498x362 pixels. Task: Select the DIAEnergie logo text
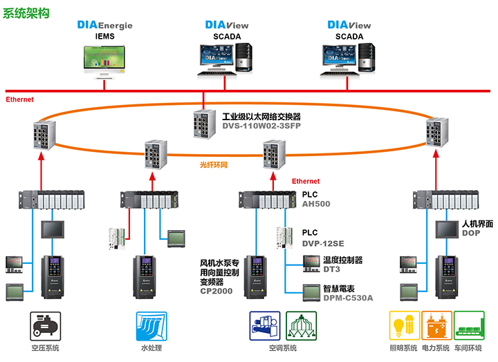[104, 26]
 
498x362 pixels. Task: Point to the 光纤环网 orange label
[214, 165]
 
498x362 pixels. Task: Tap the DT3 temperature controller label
[331, 270]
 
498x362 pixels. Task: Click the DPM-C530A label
[347, 298]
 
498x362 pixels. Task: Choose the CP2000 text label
[216, 292]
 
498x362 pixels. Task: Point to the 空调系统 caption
[282, 347]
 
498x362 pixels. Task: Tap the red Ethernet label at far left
[19, 99]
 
